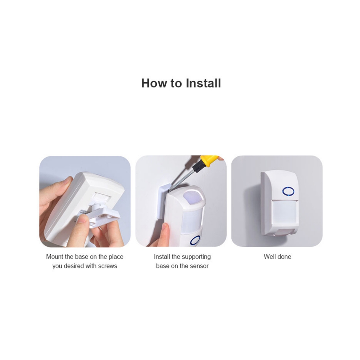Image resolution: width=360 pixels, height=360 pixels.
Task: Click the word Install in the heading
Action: (x=203, y=83)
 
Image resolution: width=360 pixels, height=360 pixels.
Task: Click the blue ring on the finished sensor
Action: (x=288, y=191)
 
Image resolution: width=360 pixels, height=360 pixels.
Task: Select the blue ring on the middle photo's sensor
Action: (x=195, y=240)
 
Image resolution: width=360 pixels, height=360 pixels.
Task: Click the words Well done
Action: (x=277, y=257)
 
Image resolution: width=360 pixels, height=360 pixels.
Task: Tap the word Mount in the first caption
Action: (x=55, y=257)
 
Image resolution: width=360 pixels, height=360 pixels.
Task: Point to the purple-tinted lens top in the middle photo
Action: (x=194, y=197)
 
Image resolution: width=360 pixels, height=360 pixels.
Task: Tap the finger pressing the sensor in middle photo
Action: (x=166, y=234)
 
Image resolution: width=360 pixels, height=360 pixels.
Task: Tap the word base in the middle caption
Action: (x=163, y=266)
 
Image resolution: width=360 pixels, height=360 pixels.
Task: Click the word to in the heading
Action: (x=176, y=84)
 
